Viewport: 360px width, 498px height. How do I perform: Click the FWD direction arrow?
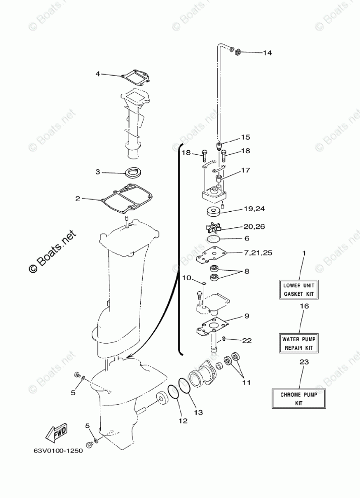(x=56, y=432)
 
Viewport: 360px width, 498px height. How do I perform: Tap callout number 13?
(x=198, y=412)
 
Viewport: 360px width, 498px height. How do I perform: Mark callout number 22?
(x=247, y=341)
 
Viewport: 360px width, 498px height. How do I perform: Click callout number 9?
(x=247, y=316)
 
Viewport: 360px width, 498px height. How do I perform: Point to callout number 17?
(x=246, y=170)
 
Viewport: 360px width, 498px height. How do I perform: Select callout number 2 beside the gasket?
(x=78, y=199)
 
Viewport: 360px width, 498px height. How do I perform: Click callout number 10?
(x=186, y=278)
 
